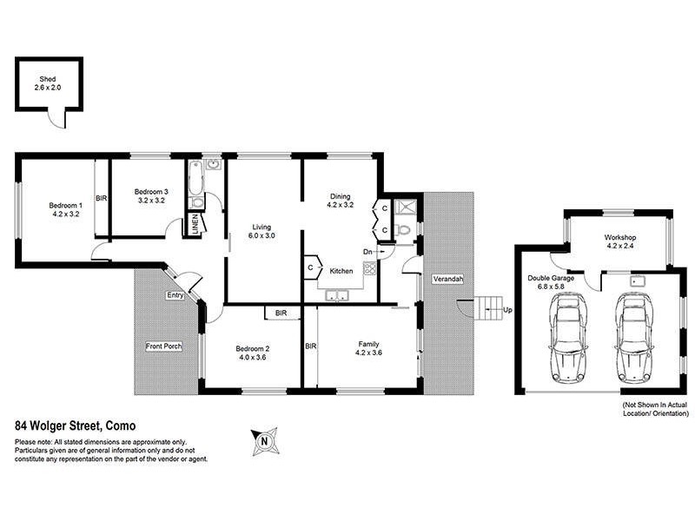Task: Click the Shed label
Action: (50, 84)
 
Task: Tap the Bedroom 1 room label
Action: (65, 209)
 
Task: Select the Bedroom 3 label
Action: (150, 195)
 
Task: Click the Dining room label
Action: (340, 201)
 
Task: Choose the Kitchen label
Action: (341, 272)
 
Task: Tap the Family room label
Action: (368, 349)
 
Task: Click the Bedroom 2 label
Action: (253, 354)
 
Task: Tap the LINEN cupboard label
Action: (195, 227)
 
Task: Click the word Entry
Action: (175, 295)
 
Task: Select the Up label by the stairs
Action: (507, 309)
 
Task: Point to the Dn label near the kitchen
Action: (368, 252)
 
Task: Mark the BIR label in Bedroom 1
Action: (102, 198)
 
